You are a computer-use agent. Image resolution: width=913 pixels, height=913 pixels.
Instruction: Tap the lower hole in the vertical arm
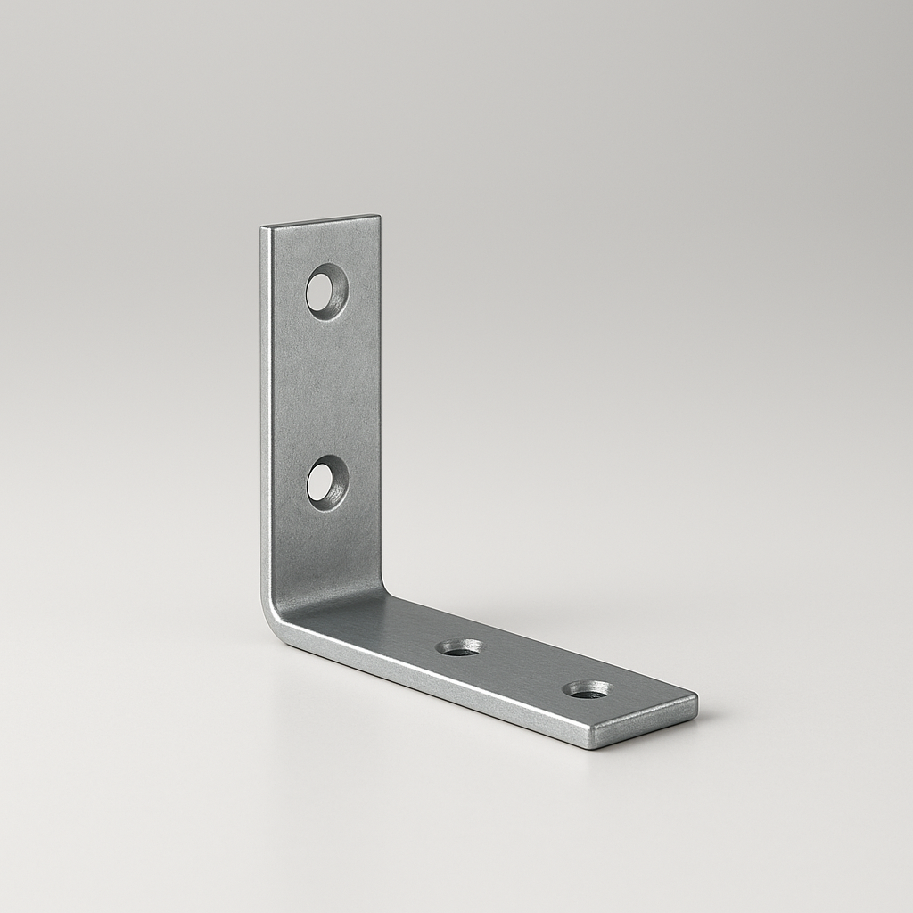pyautogui.click(x=326, y=482)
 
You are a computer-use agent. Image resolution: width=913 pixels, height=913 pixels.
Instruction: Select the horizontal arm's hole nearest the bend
pyautogui.click(x=460, y=647)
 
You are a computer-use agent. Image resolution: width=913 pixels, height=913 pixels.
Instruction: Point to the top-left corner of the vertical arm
pyautogui.click(x=263, y=228)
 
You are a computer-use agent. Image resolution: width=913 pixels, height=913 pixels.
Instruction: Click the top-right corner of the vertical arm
pyautogui.click(x=379, y=217)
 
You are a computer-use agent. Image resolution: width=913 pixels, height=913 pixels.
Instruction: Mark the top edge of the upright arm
pyautogui.click(x=321, y=221)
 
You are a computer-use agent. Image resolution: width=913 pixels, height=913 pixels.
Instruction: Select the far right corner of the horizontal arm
pyautogui.click(x=696, y=696)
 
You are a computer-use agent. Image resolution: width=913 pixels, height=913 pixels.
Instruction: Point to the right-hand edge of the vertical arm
pyautogui.click(x=380, y=401)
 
